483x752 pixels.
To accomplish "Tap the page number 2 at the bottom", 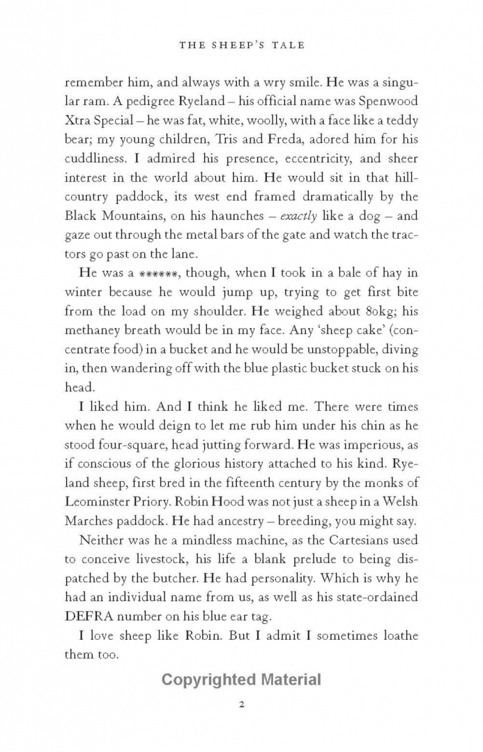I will point(241,704).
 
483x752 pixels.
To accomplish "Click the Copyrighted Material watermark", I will point(241,680).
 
